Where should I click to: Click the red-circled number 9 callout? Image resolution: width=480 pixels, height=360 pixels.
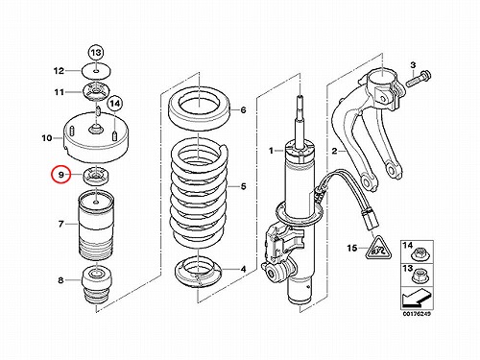(60, 174)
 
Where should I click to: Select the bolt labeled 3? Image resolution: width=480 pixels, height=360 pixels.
(419, 79)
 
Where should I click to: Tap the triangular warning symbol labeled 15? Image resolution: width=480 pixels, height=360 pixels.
(378, 248)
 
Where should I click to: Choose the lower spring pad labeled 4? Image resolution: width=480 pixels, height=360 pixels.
(198, 273)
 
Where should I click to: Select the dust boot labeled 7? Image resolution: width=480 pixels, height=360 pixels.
(96, 227)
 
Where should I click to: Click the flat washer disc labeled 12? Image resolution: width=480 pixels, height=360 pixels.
(96, 70)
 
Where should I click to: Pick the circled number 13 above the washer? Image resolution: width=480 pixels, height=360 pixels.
(96, 52)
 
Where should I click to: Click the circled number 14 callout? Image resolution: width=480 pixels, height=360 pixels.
(115, 104)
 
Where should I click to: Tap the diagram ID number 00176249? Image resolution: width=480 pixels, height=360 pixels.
(418, 313)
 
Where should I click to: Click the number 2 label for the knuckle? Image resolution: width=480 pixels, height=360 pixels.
(334, 151)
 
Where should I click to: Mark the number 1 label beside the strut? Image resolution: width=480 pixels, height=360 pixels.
(271, 151)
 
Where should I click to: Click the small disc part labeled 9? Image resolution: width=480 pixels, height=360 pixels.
(96, 177)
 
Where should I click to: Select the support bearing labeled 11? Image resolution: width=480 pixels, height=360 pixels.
(96, 92)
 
